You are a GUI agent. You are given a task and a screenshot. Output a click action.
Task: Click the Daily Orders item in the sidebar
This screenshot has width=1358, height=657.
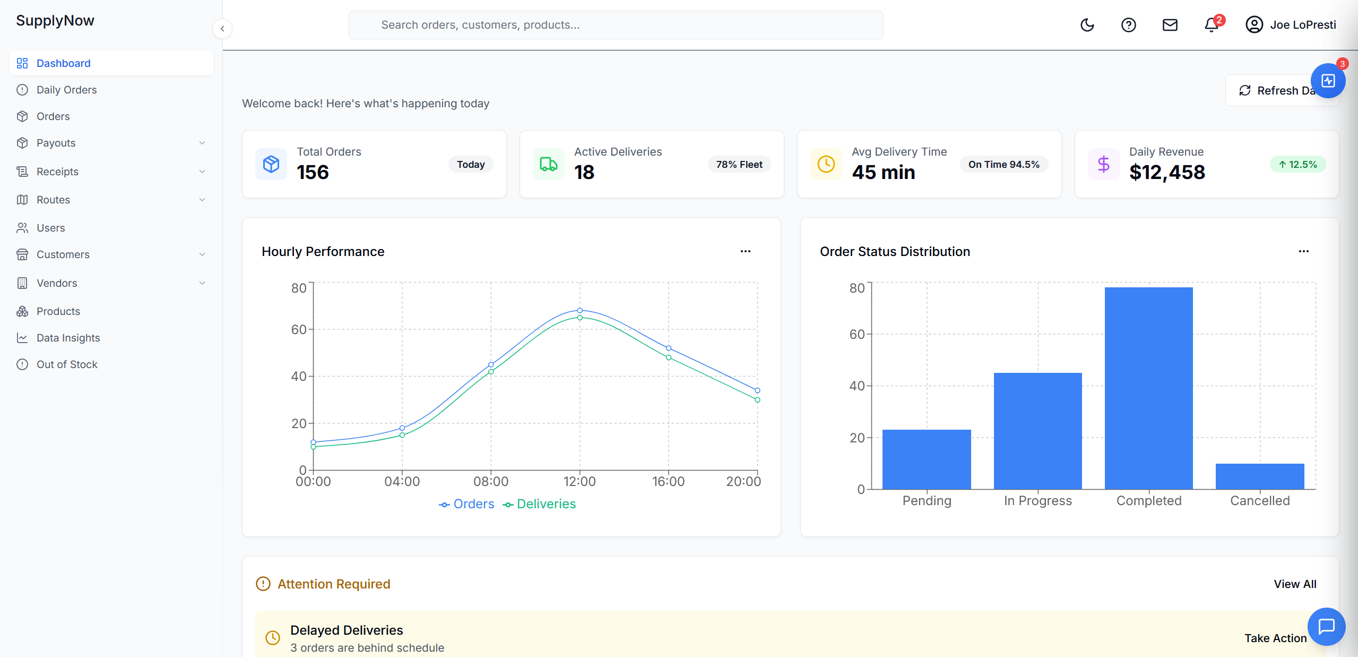(x=66, y=90)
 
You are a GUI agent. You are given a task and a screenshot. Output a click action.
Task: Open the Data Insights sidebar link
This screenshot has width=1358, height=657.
(x=68, y=338)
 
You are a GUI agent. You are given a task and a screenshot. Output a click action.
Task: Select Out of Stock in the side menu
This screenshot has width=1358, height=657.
(x=67, y=364)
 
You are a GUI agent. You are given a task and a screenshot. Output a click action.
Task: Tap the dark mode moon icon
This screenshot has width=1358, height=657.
(x=1087, y=25)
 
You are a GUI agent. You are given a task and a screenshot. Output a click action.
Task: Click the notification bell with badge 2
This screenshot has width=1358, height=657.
(x=1211, y=25)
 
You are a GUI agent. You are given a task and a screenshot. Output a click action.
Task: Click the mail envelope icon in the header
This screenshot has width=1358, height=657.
(x=1170, y=25)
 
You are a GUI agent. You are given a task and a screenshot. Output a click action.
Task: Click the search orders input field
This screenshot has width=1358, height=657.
(x=616, y=25)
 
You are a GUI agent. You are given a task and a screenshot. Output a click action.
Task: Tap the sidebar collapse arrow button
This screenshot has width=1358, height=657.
(x=222, y=29)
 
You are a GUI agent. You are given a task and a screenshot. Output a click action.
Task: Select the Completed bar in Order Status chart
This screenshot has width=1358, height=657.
(x=1148, y=388)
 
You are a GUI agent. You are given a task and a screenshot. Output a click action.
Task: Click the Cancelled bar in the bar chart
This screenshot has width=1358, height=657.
(x=1259, y=476)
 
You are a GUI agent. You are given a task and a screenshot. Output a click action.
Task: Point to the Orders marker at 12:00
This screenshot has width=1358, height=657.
(x=579, y=310)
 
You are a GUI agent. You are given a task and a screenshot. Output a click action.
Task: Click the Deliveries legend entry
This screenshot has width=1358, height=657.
(x=539, y=504)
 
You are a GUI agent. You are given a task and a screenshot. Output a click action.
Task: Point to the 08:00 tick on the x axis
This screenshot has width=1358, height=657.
(x=491, y=481)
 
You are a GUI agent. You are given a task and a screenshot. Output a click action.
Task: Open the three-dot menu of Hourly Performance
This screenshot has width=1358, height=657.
(x=745, y=251)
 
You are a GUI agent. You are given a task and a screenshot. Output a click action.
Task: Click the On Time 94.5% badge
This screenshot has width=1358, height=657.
(x=1003, y=165)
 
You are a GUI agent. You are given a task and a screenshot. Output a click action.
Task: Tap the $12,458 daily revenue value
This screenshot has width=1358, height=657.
(x=1167, y=173)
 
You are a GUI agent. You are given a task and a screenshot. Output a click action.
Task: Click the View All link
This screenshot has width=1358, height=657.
(x=1294, y=584)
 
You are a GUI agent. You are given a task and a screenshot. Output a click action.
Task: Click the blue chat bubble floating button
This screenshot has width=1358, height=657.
(x=1326, y=626)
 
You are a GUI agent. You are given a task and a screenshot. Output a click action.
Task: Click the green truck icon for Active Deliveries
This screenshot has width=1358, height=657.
(x=548, y=164)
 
